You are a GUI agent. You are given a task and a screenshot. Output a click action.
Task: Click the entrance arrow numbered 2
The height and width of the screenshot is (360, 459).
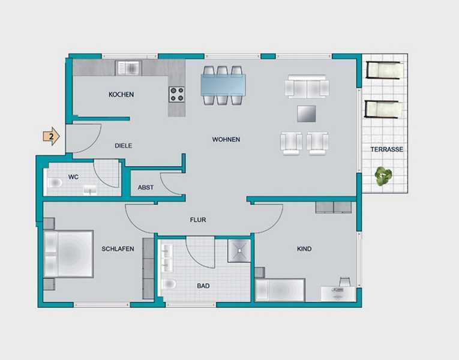coord(52,136)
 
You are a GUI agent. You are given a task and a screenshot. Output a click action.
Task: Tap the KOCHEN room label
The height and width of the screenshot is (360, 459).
coord(121,95)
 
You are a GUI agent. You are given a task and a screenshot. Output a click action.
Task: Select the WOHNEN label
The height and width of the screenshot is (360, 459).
coord(226,139)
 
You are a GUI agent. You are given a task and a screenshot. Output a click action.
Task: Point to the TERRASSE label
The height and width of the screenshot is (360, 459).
coord(386,149)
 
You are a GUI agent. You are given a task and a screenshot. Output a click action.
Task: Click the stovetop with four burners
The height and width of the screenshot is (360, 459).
coord(176,94)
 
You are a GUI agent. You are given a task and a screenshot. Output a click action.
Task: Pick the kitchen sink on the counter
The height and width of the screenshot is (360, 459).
coord(128,68)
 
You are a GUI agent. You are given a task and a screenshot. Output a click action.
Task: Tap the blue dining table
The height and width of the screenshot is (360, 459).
coord(223,85)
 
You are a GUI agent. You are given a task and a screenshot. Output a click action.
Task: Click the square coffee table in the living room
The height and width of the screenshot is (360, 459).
coord(306,113)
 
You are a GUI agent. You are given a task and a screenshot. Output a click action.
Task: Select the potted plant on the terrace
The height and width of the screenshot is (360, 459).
coord(383,176)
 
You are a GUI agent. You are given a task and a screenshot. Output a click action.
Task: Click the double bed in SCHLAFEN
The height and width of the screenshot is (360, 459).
coord(68,254)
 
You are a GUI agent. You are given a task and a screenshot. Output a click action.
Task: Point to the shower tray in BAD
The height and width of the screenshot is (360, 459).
coord(239,251)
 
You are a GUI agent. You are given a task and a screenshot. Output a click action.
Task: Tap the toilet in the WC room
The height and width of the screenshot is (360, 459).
coord(54,183)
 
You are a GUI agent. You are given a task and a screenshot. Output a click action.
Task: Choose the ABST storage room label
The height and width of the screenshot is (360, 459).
coord(145,187)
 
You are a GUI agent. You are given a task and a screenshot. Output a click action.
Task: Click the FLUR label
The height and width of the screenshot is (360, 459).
coord(198,220)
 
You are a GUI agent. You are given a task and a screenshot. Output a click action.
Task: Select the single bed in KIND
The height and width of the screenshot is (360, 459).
coord(280,290)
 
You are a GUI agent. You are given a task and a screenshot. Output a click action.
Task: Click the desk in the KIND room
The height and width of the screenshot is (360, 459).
coord(338,293)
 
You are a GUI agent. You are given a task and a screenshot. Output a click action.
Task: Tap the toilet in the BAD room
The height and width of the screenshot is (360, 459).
coord(169,284)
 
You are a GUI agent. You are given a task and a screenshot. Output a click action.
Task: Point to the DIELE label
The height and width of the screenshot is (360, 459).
coord(123,146)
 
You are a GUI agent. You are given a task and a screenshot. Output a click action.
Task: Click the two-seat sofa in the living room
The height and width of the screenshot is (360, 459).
coord(307,86)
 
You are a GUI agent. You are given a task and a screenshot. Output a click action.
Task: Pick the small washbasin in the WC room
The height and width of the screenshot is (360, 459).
coord(90,191)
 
